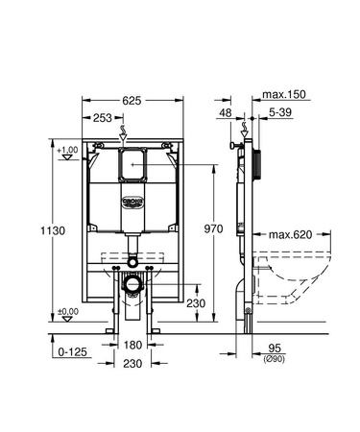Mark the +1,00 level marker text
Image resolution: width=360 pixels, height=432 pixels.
point(66,150)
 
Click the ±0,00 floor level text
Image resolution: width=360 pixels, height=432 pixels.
point(66,310)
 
